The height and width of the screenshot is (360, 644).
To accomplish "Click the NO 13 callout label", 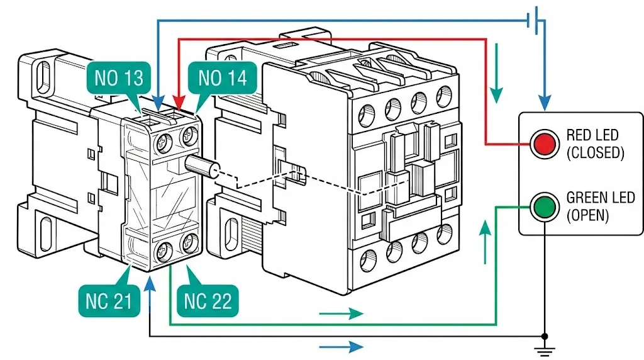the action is coord(119,77).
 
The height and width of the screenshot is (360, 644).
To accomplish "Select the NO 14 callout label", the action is coord(223,77).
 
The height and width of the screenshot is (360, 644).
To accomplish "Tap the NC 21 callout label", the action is coord(109,301).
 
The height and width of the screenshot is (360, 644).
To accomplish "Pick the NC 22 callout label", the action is coord(208,301).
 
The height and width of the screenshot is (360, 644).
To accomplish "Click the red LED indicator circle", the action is coord(545,144).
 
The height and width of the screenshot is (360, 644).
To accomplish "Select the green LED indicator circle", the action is coord(545,206).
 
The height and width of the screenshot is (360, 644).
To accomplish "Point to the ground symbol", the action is coord(545,351).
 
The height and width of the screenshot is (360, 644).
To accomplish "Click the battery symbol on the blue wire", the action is coord(536,20).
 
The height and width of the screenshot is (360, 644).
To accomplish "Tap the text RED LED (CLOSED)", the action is coord(595,144).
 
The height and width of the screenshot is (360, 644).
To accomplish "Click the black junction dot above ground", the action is coord(545,337).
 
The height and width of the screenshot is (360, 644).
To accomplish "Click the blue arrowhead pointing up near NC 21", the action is coord(150,282).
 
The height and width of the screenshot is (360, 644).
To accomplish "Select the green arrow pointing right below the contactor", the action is coord(341,313).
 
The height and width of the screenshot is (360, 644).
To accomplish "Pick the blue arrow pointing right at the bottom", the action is coord(341,347).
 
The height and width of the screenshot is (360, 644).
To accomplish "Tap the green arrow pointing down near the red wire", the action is coord(497,73).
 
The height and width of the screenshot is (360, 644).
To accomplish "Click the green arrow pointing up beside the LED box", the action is coord(486,242).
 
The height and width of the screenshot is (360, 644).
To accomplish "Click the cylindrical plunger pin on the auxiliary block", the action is coord(202,166).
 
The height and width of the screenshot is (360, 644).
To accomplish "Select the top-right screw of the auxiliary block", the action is coord(189,135).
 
